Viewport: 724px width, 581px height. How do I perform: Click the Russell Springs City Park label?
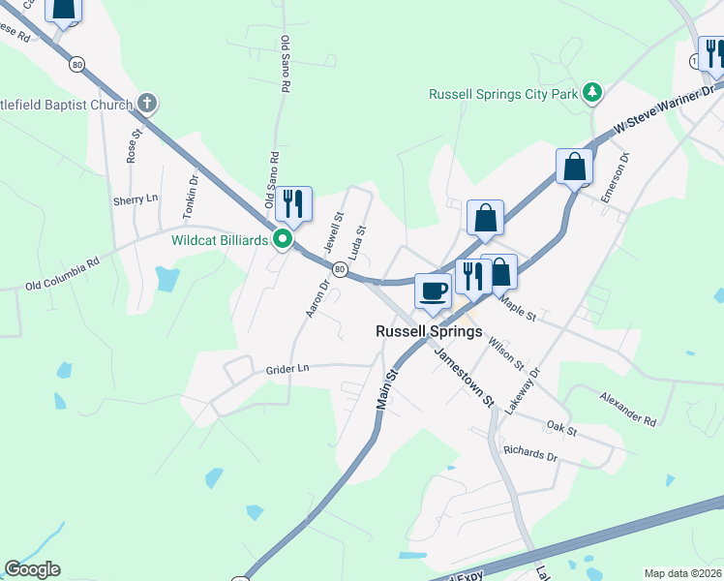503,94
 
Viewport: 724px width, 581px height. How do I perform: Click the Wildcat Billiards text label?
220,240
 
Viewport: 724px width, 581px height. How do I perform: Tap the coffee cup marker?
433,290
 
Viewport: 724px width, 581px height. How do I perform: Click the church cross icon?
147,103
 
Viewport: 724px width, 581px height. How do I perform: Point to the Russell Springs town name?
429,331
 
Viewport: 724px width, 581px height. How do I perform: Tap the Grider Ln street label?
287,369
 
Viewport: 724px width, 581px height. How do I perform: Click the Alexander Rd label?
627,408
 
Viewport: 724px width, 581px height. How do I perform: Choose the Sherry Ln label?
136,199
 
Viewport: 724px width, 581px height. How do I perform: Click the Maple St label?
518,308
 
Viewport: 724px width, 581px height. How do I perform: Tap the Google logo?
32,569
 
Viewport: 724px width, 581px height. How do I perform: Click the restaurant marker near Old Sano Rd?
293,203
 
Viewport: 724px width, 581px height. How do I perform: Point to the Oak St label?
560,428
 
